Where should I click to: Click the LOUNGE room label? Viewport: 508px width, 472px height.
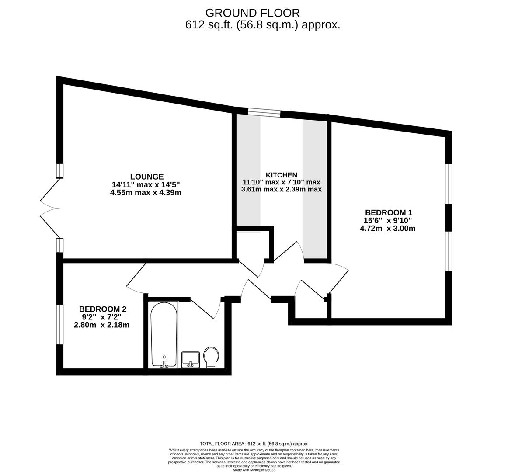tap(147, 177)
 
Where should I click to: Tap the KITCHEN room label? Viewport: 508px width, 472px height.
tap(281, 175)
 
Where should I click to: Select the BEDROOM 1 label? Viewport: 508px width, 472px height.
tap(389, 212)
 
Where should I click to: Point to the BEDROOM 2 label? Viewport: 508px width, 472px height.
tap(103, 309)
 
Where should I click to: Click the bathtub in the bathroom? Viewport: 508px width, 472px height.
tap(164, 335)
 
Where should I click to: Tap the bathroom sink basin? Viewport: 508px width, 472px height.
tap(191, 360)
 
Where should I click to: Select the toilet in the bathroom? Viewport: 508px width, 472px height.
tap(212, 357)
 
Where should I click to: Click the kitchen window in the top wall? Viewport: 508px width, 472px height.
tap(264, 112)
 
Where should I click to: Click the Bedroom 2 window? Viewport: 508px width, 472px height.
tap(60, 324)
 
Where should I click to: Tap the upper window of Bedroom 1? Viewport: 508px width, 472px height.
tap(449, 184)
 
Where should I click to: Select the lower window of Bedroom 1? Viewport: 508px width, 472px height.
tap(449, 251)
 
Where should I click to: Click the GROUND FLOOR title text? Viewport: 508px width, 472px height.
tap(253, 13)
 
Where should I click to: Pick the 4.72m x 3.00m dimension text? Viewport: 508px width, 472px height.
tap(388, 229)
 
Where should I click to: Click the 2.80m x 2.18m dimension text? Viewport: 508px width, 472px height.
tap(102, 325)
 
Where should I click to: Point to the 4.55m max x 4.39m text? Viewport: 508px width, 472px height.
tap(146, 193)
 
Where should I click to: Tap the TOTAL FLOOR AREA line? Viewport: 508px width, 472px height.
tap(254, 444)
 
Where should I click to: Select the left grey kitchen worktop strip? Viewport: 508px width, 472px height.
tap(248, 172)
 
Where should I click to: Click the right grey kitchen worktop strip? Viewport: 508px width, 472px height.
tap(315, 189)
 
